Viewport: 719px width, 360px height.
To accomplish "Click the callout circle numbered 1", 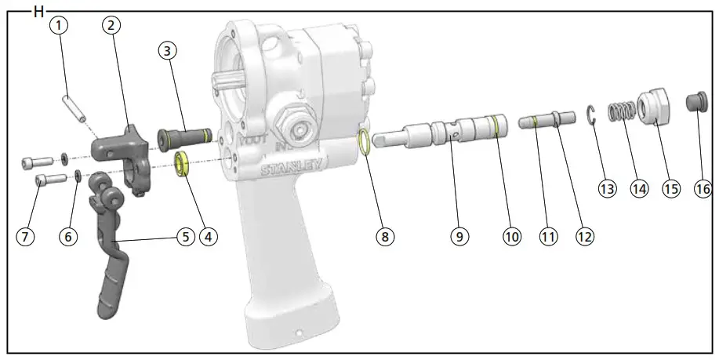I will [60, 24].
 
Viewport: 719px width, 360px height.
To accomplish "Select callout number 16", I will [704, 189].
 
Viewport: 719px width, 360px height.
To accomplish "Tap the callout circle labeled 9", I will [459, 235].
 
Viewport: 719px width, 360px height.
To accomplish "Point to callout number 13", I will [606, 189].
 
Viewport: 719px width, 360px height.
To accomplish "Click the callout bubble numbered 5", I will [184, 235].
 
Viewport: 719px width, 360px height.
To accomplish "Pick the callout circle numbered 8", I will [383, 235].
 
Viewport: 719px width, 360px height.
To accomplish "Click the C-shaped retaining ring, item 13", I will [594, 115].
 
